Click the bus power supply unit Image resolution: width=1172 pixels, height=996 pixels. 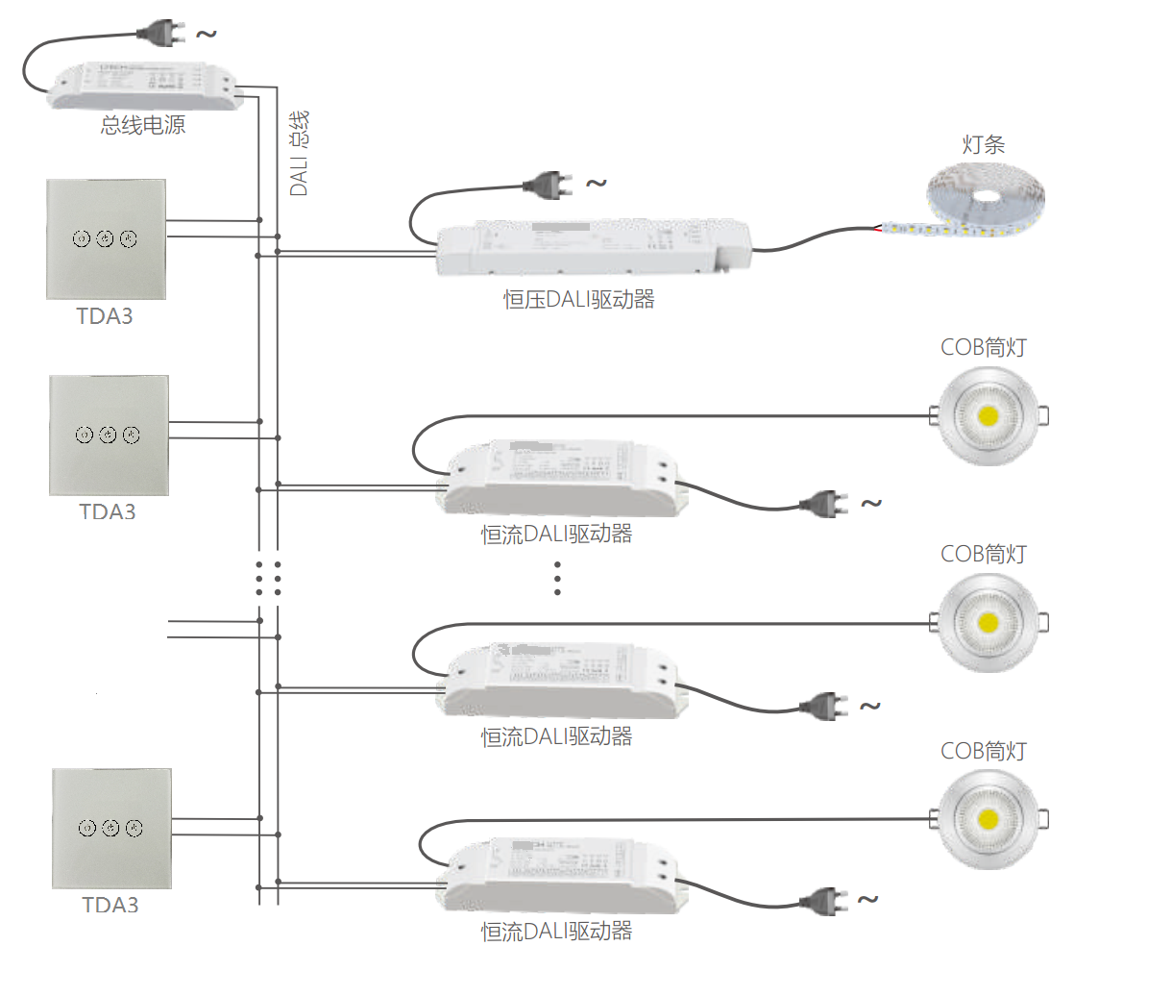click(144, 85)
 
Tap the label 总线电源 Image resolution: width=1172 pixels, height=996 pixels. click(143, 125)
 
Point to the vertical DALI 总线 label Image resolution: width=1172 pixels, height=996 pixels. click(299, 154)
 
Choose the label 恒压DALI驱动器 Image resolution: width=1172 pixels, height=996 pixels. click(579, 300)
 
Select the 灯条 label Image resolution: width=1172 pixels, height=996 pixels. click(983, 145)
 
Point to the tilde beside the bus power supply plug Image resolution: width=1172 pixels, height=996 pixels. click(207, 35)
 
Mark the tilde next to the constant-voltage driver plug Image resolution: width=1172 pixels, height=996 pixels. click(597, 183)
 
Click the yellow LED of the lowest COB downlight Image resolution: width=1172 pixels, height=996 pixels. click(988, 820)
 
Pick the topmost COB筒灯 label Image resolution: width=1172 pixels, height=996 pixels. click(983, 347)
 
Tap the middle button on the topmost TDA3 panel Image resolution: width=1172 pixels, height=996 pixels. click(106, 238)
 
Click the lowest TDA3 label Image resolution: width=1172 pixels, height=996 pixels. click(110, 906)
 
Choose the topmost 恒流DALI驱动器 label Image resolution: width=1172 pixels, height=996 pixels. click(556, 535)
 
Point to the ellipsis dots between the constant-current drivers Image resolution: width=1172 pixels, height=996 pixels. click(557, 579)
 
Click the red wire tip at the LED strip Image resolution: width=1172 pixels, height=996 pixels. click(878, 229)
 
